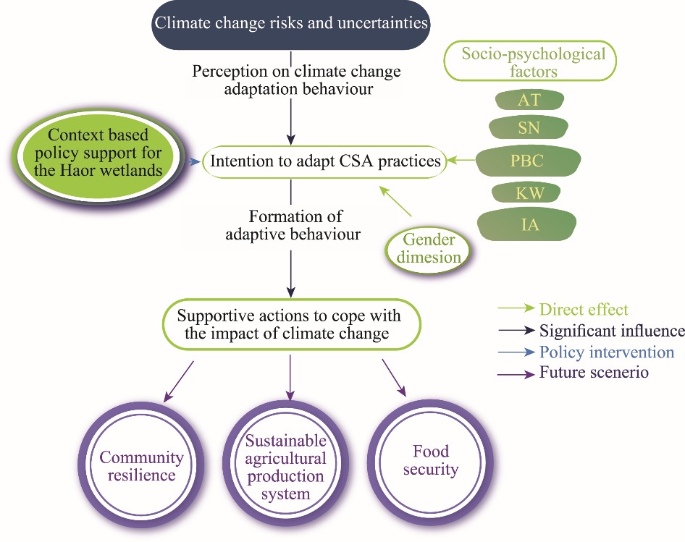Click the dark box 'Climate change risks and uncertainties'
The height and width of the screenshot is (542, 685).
point(290,24)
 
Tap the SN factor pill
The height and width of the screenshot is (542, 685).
point(528,128)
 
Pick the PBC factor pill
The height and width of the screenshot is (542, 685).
point(528,161)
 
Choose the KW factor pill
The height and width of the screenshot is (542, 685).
point(528,192)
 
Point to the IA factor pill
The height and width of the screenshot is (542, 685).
point(528,224)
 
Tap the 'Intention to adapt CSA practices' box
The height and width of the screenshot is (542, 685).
point(324,161)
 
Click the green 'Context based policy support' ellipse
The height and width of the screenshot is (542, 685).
point(96,154)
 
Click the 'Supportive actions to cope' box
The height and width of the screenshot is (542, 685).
point(289,324)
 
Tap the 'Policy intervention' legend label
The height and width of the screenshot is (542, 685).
point(606,352)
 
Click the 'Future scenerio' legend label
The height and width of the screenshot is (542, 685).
point(593,373)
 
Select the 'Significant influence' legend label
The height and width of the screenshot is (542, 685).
point(612,331)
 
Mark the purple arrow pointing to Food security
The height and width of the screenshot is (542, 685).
point(394,378)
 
